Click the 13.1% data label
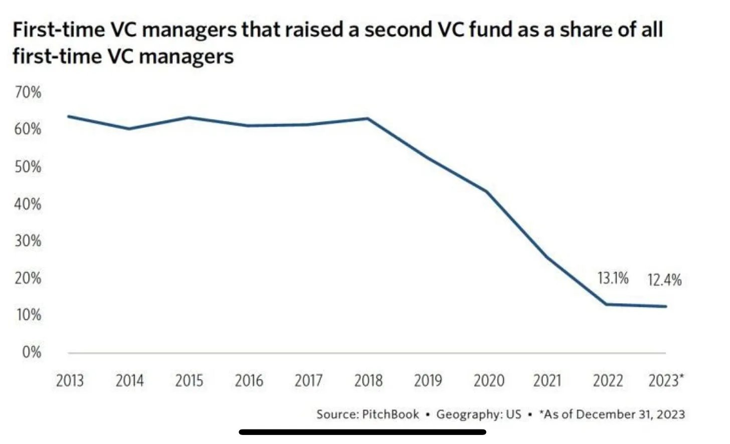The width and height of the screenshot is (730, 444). pos(613,278)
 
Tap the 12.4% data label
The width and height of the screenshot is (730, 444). pos(664,280)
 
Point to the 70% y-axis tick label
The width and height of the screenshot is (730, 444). pos(28,92)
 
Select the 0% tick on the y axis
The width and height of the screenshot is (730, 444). pos(32,352)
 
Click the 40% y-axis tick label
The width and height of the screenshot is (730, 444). pos(28,204)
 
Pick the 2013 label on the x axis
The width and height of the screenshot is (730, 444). pos(70,381)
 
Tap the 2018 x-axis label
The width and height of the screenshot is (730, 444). pos(368,381)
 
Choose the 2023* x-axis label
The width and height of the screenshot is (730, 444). pos(665,381)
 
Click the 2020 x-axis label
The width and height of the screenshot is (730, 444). pos(488,381)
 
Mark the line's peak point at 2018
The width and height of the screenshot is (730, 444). pos(368,119)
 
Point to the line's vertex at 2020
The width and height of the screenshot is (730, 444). pos(486,191)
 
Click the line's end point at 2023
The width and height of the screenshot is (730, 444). pos(666,306)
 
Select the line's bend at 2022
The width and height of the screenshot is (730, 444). pos(607,304)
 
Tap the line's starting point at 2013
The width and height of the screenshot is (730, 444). pos(69,116)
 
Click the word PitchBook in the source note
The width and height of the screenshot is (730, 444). pos(390,414)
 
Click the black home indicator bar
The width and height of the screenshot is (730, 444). pos(362,431)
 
